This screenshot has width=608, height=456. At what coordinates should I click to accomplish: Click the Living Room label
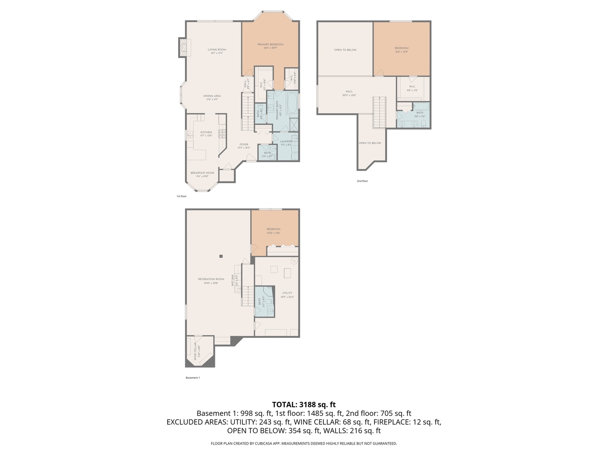tap(217, 50)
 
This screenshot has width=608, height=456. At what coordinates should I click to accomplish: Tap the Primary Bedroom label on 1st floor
tap(270, 44)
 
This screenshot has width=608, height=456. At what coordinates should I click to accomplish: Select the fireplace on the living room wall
tap(183, 48)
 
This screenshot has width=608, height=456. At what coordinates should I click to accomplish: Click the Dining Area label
tap(212, 96)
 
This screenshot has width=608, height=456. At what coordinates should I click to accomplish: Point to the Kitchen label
tap(206, 133)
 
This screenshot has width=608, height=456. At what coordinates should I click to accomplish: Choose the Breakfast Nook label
tap(202, 173)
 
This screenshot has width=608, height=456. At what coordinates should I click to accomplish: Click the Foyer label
tap(244, 144)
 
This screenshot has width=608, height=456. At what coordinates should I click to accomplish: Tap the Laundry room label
tap(286, 141)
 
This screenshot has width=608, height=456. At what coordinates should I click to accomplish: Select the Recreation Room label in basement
tap(211, 279)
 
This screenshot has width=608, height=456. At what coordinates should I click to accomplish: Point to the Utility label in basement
tap(287, 293)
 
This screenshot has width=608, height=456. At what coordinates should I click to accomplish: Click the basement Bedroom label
tap(273, 229)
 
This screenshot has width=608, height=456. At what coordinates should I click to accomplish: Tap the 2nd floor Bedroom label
tap(402, 48)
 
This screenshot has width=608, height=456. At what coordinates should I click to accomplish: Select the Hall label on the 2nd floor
tap(349, 91)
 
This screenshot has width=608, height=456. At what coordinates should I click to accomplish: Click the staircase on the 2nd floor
tap(379, 112)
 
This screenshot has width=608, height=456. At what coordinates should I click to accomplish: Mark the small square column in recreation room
tap(221, 256)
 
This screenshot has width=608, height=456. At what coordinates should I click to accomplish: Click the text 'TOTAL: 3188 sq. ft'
tap(304, 404)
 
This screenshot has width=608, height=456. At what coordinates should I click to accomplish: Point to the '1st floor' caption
tap(181, 196)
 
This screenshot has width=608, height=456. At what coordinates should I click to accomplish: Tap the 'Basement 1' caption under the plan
tap(193, 378)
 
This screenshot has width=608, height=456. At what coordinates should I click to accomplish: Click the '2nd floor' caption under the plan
tap(362, 181)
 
